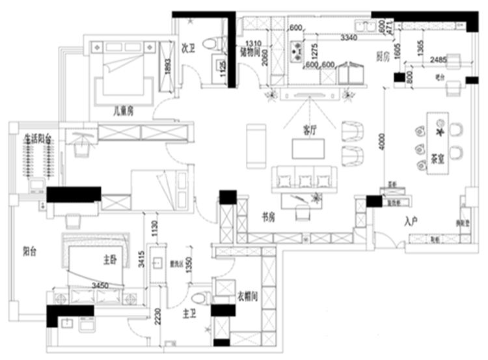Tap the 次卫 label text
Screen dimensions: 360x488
click(189, 48)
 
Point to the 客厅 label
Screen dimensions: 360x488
click(309, 130)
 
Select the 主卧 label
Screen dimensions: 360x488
click(109, 259)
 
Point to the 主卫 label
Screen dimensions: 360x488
click(189, 314)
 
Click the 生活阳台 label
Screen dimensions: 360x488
click(37, 138)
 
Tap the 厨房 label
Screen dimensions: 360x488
click(383, 57)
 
